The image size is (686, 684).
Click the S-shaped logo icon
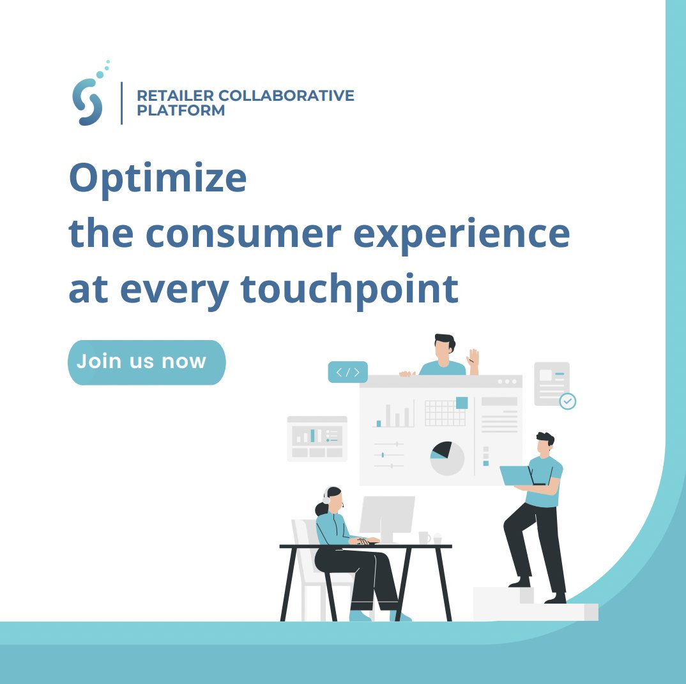click(88, 101)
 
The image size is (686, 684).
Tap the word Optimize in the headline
click(158, 179)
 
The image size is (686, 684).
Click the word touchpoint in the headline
click(349, 289)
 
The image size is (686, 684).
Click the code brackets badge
click(347, 372)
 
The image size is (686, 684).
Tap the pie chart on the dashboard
click(446, 458)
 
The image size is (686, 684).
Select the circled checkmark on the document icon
click(567, 401)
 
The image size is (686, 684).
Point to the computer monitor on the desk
click(386, 515)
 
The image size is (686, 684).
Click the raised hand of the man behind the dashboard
click(473, 360)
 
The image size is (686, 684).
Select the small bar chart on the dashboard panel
click(393, 415)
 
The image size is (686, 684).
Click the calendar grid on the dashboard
click(445, 413)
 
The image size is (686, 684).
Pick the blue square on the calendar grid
click(461, 403)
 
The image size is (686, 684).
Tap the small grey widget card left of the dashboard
click(317, 438)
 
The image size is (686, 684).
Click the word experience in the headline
click(461, 234)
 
